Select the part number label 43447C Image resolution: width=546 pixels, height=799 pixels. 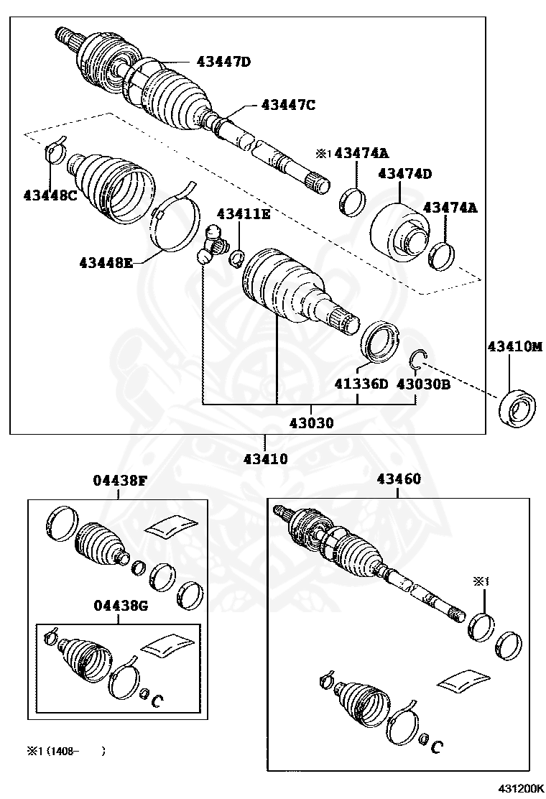point(288,105)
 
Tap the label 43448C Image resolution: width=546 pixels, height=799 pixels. point(50,195)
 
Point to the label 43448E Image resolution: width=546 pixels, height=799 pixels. point(106,262)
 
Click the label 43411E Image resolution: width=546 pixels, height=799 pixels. point(244,214)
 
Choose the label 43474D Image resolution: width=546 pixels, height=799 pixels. point(405,173)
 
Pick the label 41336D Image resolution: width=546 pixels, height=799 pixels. point(361,384)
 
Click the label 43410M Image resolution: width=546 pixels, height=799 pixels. point(515,346)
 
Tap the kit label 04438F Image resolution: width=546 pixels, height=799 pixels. point(119,480)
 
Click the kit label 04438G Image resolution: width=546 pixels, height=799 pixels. point(120,606)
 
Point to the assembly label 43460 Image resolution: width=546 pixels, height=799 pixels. point(398,479)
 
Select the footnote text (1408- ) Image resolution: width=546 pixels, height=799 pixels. point(66,751)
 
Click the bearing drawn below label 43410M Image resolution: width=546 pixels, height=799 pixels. point(517,407)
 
